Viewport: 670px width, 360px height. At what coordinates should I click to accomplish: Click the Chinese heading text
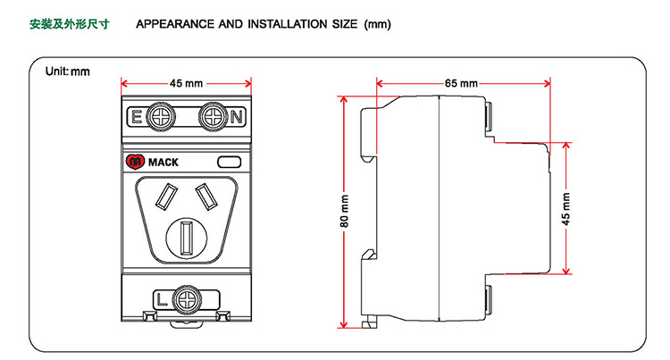point(70,24)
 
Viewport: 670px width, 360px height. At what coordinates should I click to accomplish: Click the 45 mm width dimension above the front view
point(185,83)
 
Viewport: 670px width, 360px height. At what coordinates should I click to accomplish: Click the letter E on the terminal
point(137,117)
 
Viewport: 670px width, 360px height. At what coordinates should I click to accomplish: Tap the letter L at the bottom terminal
point(162,297)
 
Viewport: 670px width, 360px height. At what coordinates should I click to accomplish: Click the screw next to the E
point(162,116)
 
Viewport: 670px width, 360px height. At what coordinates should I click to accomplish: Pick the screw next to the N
point(212,116)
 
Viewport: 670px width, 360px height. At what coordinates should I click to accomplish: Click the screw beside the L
point(187,297)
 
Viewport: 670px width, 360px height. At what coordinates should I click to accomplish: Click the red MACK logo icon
point(136,162)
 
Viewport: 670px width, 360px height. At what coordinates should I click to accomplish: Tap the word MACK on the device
point(163,163)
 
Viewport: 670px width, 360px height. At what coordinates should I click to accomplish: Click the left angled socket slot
point(167,195)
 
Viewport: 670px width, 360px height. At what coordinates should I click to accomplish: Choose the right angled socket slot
point(206,195)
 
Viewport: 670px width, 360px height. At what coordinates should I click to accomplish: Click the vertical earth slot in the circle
point(187,239)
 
